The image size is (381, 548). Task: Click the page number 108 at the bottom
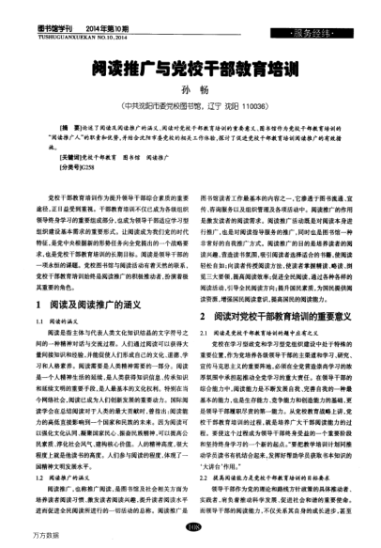[x=190, y=527]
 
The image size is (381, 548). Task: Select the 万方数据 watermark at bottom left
[x=19, y=540]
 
